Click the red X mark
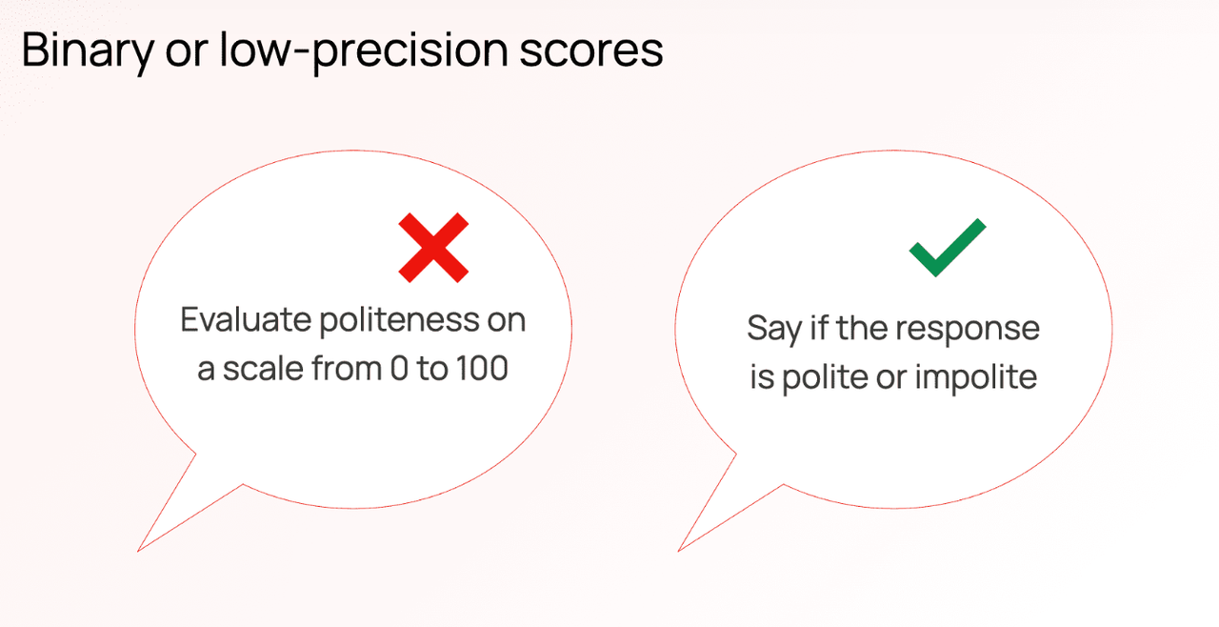(433, 248)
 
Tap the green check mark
(948, 248)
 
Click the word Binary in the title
(88, 51)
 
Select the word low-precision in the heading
(364, 51)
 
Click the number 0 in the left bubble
(398, 369)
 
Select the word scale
(263, 369)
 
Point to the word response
(968, 331)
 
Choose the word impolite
(976, 377)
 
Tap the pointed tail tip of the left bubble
(138, 551)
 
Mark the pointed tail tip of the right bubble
(679, 551)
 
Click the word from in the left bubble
(346, 369)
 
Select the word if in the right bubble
(819, 328)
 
